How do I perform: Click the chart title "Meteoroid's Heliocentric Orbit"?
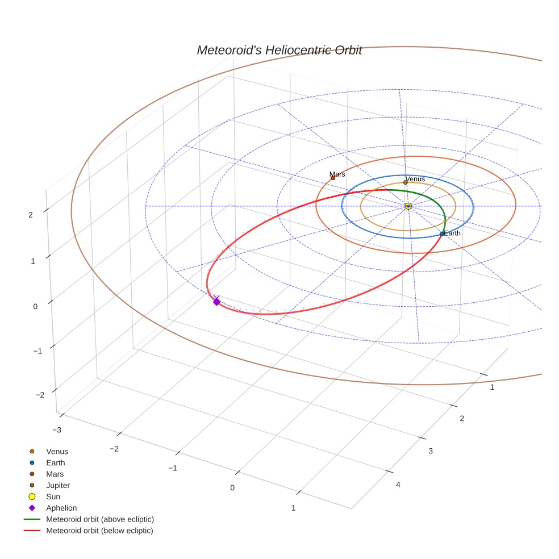[279, 51]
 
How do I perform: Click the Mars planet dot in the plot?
[333, 178]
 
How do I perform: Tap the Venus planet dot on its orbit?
[405, 182]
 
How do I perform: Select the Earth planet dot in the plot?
[442, 234]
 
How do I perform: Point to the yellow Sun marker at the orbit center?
[408, 206]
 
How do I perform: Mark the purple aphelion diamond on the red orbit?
[216, 302]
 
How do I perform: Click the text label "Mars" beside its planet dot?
[337, 174]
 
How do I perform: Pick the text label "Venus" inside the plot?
[415, 179]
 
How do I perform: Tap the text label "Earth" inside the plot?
[452, 233]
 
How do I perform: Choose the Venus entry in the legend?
[57, 452]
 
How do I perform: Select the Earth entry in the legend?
[56, 463]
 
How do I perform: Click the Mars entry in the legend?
[55, 474]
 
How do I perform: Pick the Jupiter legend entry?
[58, 485]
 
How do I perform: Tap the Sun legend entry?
[53, 497]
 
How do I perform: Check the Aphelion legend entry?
[61, 508]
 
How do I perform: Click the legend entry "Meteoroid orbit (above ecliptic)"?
[100, 519]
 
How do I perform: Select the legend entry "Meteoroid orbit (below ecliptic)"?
[99, 531]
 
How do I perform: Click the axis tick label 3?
[430, 450]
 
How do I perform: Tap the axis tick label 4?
[398, 485]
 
